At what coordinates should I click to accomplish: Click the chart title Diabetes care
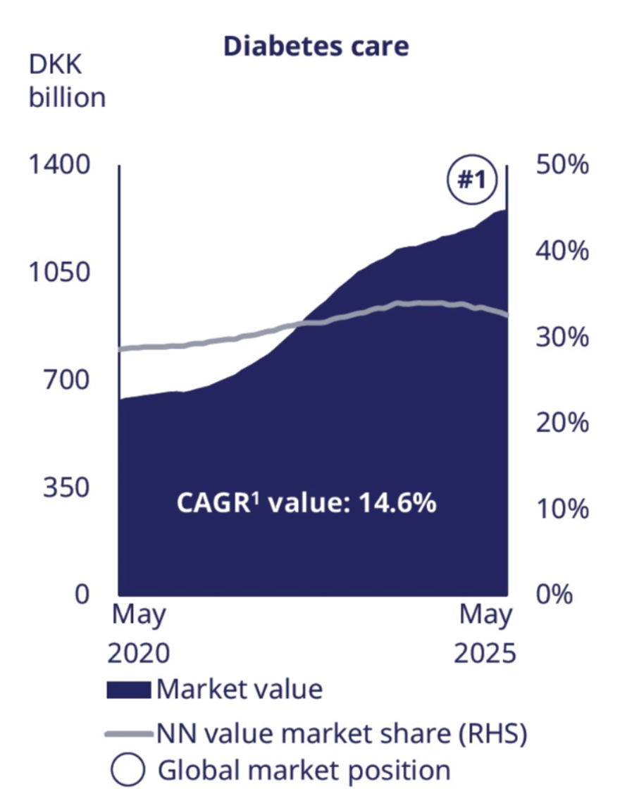pyautogui.click(x=316, y=46)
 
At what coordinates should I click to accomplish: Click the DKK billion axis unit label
pyautogui.click(x=67, y=81)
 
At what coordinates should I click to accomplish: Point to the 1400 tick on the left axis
pyautogui.click(x=59, y=166)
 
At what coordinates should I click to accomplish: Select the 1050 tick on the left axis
pyautogui.click(x=59, y=273)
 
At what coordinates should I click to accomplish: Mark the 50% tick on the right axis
pyautogui.click(x=562, y=166)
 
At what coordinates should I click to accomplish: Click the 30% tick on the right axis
pyautogui.click(x=562, y=337)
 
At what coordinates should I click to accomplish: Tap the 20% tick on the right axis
pyautogui.click(x=562, y=423)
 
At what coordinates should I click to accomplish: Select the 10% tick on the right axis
pyautogui.click(x=562, y=509)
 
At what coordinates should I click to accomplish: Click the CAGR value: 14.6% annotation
pyautogui.click(x=305, y=504)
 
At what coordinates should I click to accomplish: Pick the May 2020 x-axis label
pyautogui.click(x=139, y=634)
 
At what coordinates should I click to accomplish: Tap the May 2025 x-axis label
pyautogui.click(x=485, y=634)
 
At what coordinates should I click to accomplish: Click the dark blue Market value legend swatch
pyautogui.click(x=128, y=690)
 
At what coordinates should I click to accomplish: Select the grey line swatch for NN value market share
pyautogui.click(x=128, y=735)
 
